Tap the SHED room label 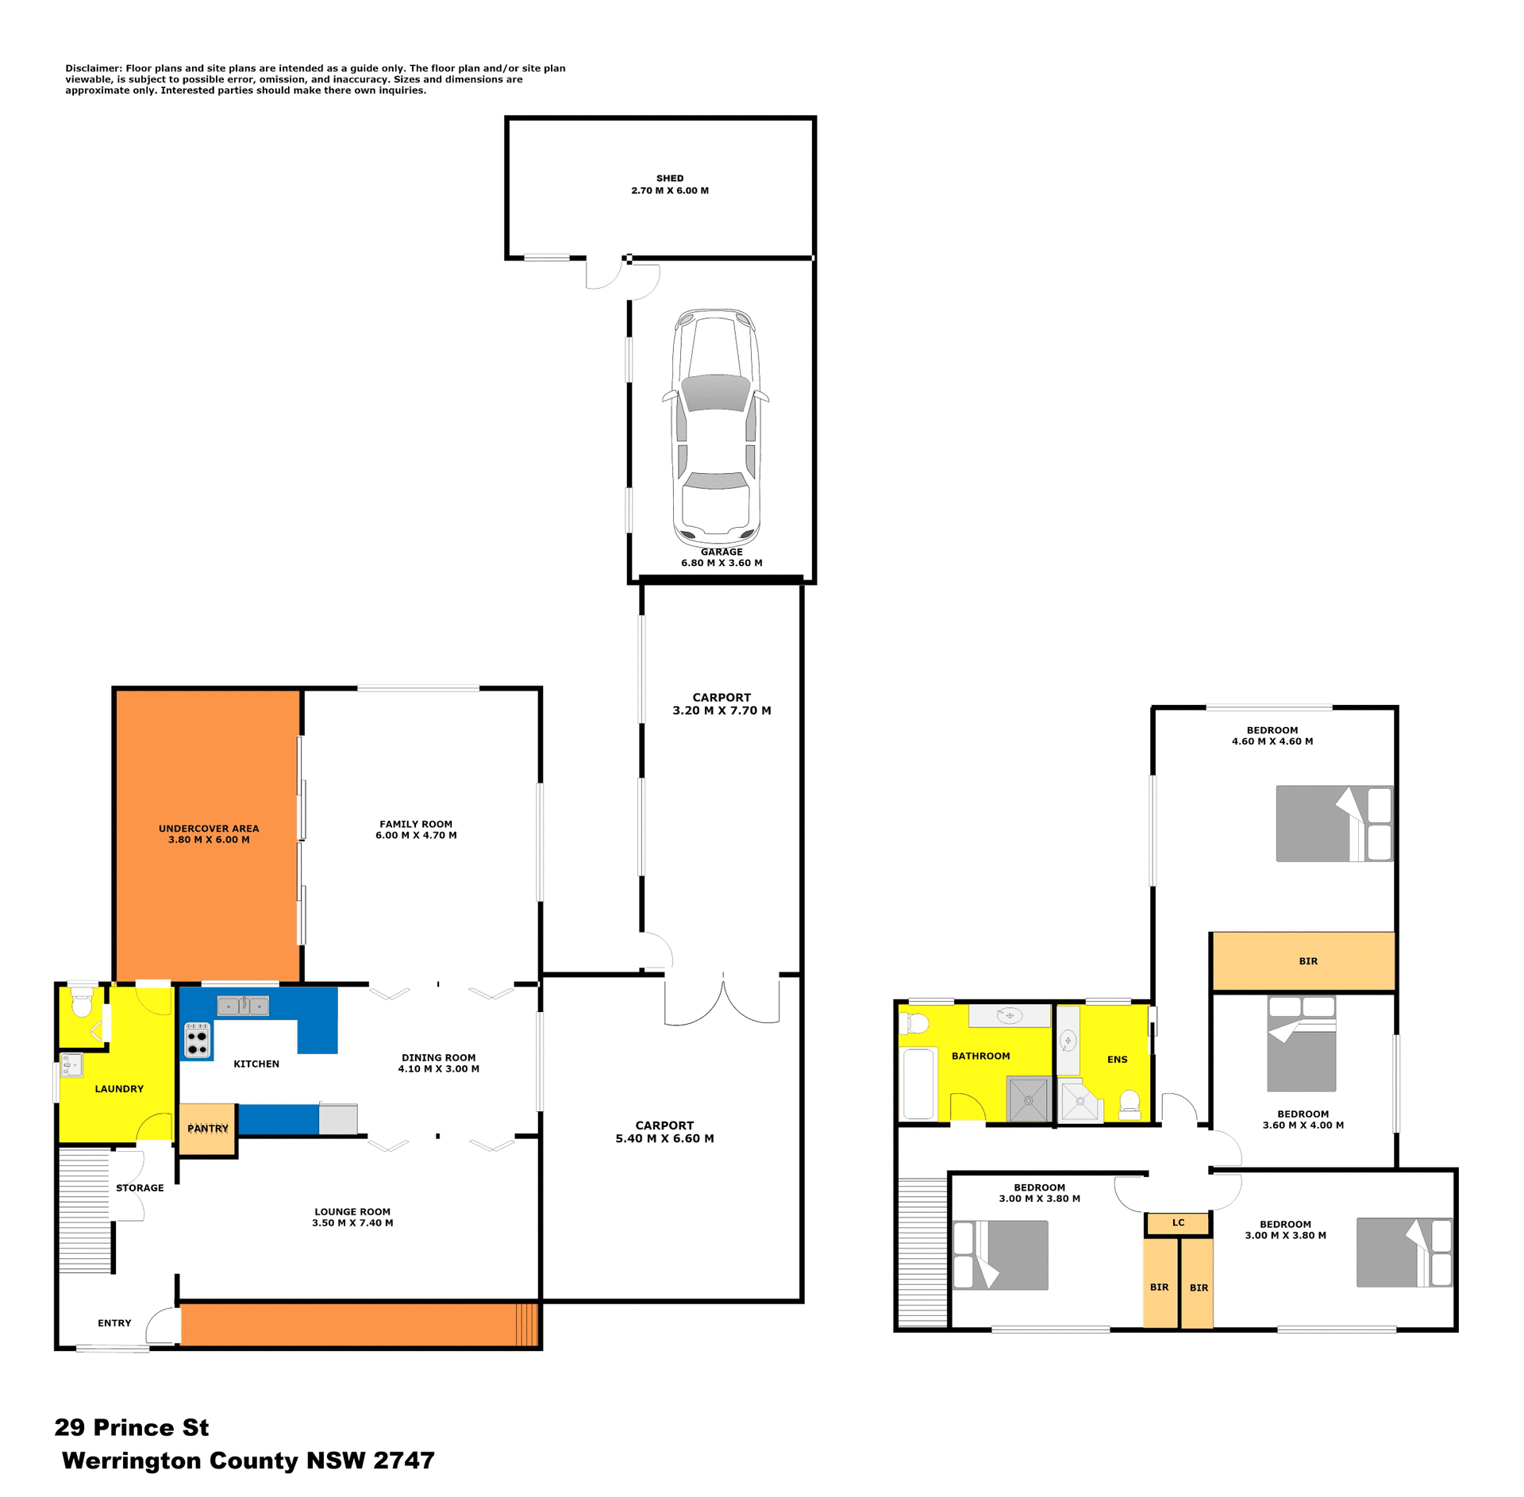[669, 179]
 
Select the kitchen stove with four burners [197, 1041]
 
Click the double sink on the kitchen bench [243, 1006]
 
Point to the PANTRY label [208, 1128]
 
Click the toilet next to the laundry [81, 1005]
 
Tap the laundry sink [71, 1064]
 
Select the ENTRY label [114, 1322]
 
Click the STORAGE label [140, 1187]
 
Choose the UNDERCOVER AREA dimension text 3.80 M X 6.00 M [209, 839]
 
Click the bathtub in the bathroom [918, 1083]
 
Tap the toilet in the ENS [1129, 1103]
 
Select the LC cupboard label [1178, 1222]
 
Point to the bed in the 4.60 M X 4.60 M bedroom [1333, 823]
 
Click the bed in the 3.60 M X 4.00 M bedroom [1302, 1044]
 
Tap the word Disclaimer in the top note [93, 68]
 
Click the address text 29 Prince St [132, 1427]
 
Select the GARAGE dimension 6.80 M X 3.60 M [721, 563]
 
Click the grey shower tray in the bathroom [1028, 1099]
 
